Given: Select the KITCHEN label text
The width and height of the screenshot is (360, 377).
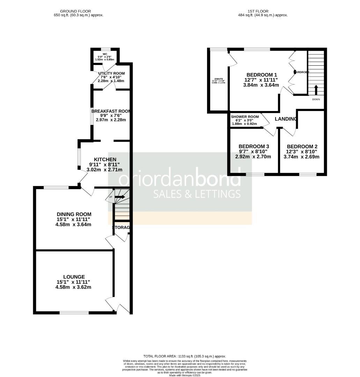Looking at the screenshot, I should (105, 160).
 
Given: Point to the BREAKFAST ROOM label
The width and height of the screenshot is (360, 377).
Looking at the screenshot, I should (111, 111).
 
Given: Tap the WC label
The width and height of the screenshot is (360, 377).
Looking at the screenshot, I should (104, 53).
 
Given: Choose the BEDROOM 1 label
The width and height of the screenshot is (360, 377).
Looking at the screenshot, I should (262, 75).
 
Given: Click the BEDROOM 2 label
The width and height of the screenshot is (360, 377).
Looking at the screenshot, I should (302, 147).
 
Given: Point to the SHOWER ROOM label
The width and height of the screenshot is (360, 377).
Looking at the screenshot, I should (245, 117).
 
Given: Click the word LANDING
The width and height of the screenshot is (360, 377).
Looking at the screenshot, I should (286, 119).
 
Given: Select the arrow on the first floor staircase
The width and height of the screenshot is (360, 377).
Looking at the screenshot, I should (316, 90).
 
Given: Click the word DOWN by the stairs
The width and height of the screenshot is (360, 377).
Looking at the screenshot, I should (316, 99).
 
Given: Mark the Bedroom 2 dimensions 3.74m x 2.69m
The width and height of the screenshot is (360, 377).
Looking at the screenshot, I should (302, 157).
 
